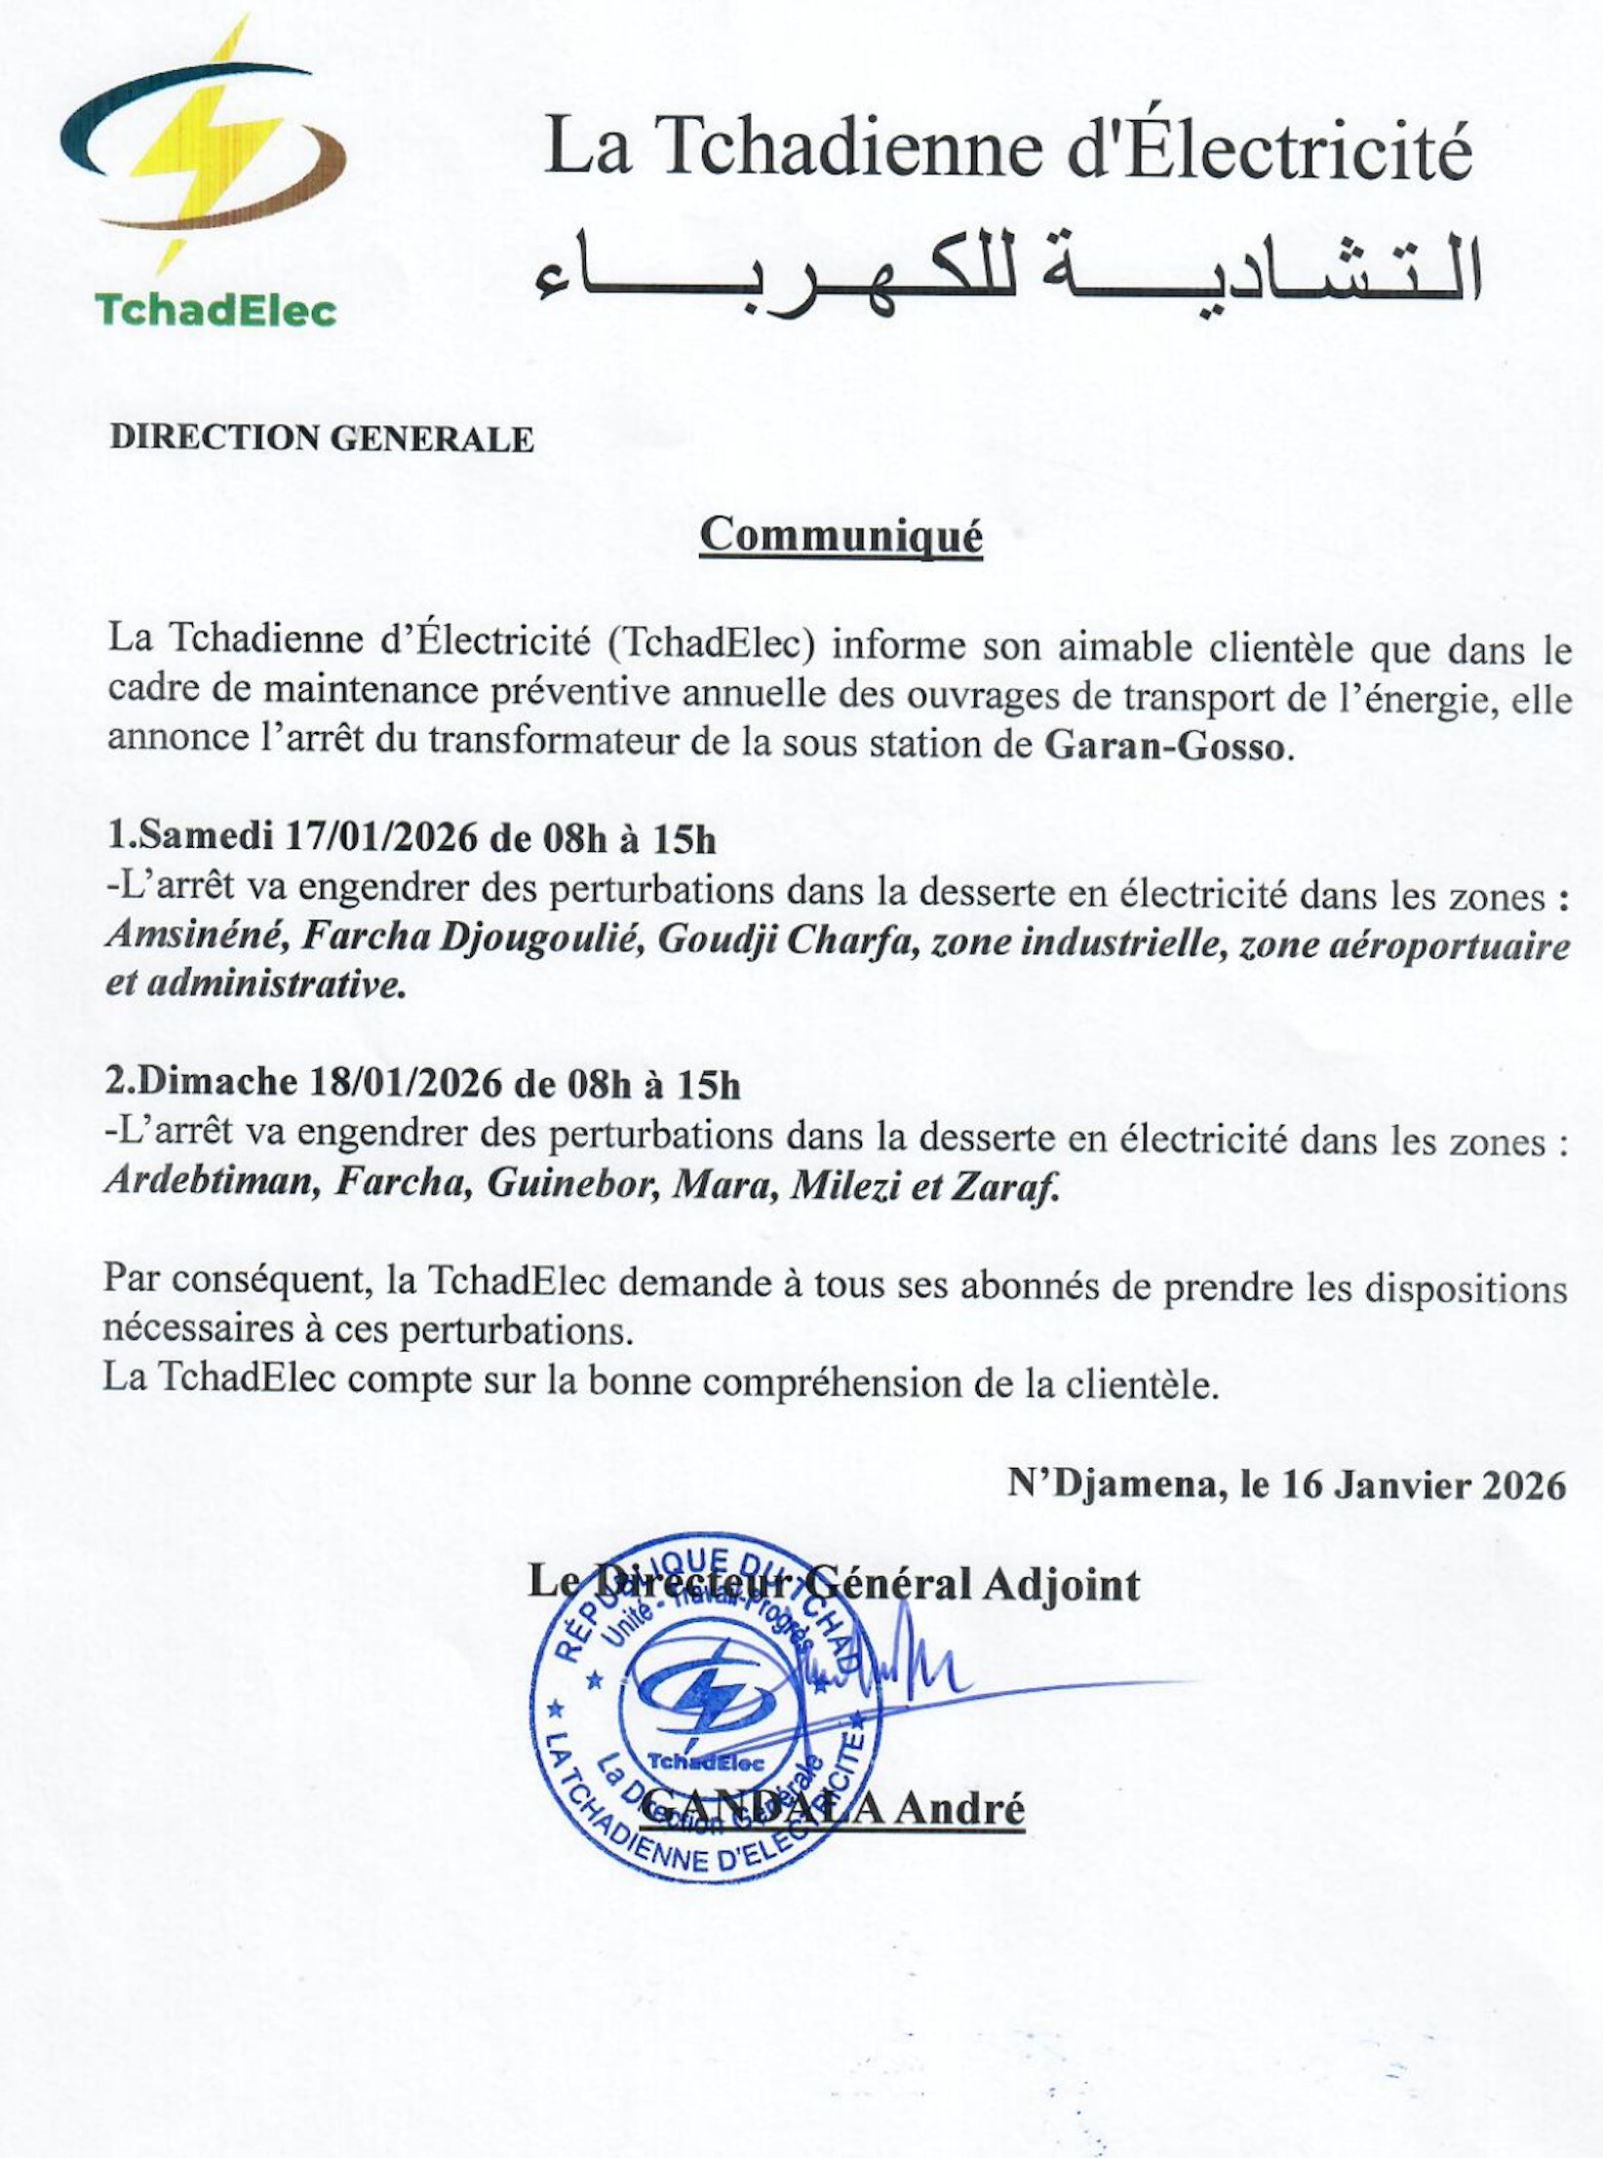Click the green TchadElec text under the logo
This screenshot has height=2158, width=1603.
[215, 311]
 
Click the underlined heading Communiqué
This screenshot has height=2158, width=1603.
[841, 535]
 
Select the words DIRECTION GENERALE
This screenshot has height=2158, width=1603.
[322, 439]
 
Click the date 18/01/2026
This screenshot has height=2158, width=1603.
[406, 1083]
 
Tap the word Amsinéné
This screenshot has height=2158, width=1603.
[195, 938]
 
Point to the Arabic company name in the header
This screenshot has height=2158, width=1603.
[1006, 265]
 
